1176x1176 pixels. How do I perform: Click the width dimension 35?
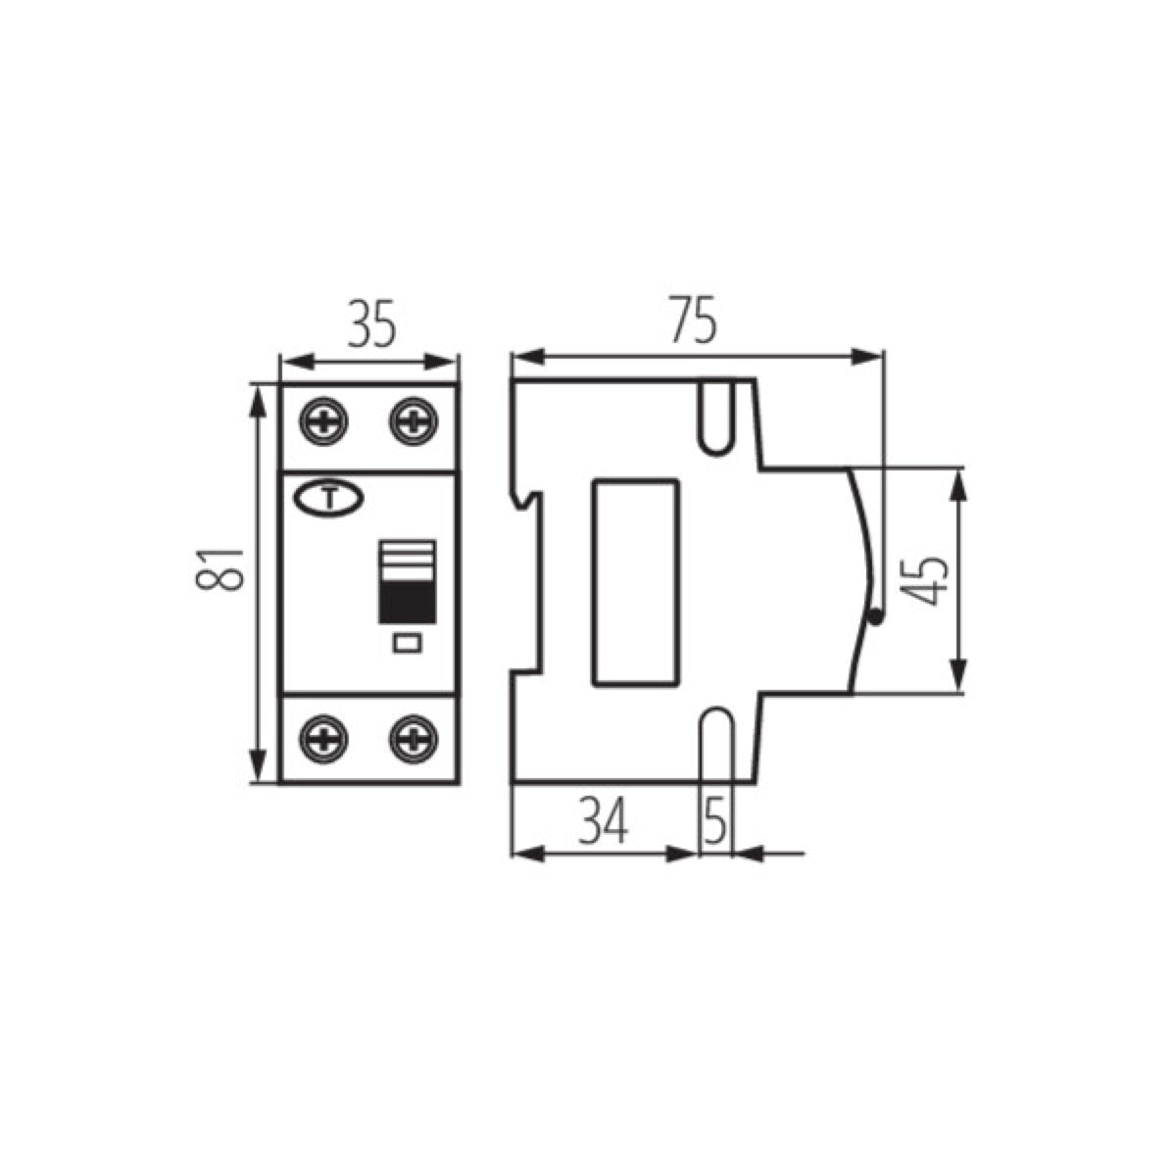click(371, 326)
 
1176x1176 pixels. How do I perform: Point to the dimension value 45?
click(925, 579)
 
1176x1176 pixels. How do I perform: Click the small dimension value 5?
click(716, 821)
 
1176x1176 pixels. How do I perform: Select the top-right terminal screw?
click(414, 422)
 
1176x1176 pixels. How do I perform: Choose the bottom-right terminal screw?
click(414, 738)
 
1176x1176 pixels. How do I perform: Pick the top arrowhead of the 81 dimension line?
click(259, 394)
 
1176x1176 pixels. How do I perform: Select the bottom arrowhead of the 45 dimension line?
click(960, 683)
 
